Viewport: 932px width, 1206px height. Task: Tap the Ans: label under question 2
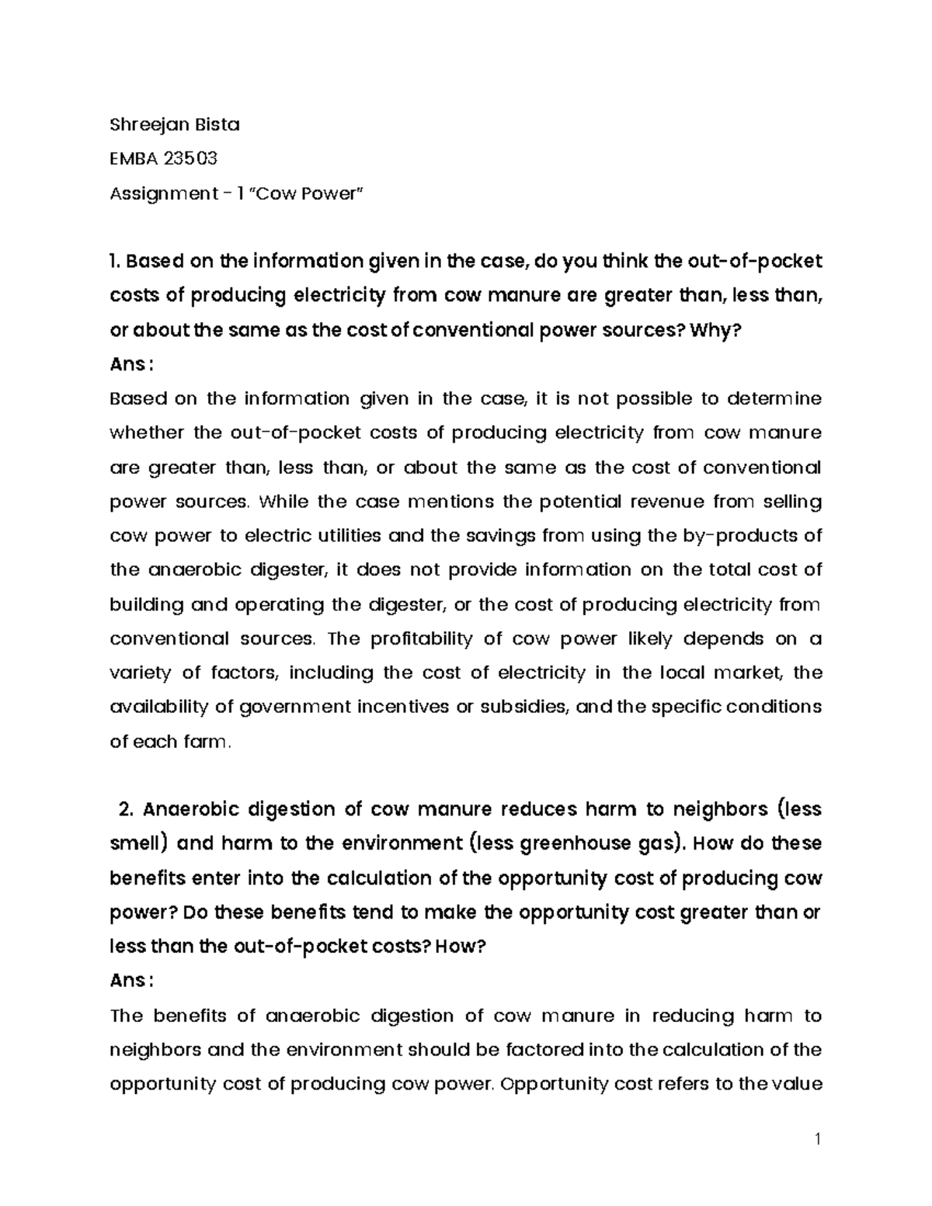point(127,982)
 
